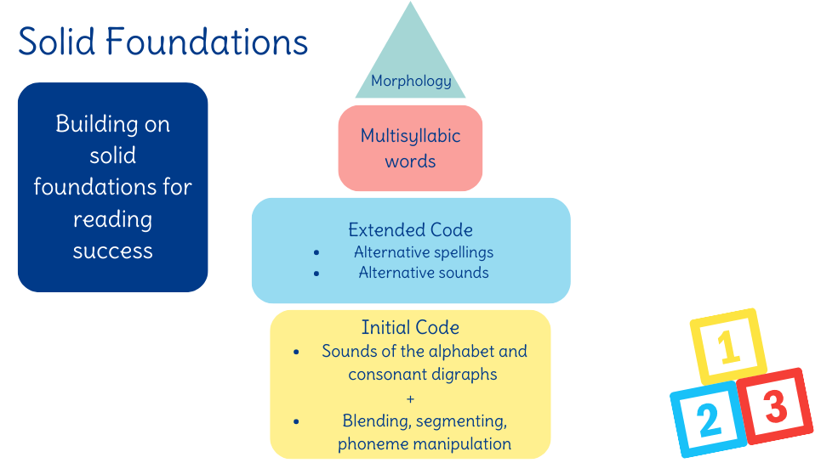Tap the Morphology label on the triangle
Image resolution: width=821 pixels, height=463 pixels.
[411, 82]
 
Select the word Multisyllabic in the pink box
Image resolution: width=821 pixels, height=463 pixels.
[410, 136]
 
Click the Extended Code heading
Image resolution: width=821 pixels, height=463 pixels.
[410, 230]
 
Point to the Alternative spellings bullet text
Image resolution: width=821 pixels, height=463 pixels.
[424, 252]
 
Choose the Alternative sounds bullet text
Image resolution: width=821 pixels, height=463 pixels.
[424, 273]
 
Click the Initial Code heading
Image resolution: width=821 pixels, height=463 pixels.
[410, 328]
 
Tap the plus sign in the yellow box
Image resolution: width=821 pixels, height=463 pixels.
[410, 398]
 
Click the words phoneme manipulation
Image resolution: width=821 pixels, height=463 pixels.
[425, 443]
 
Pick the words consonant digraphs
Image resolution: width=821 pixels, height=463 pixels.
[423, 374]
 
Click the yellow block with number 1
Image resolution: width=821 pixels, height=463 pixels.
[727, 347]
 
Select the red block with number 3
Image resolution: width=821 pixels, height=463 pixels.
[774, 406]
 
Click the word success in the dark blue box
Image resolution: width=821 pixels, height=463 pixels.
[112, 251]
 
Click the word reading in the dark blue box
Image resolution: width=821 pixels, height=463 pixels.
[112, 219]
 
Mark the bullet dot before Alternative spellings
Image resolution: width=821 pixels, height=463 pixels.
[316, 253]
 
